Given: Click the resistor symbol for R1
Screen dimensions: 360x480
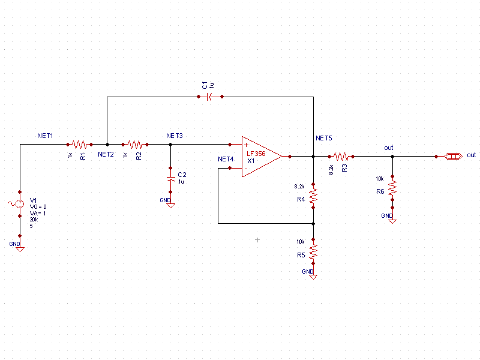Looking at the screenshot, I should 80,144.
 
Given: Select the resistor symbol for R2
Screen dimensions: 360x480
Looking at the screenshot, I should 136,144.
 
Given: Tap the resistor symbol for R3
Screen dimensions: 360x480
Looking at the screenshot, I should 341,156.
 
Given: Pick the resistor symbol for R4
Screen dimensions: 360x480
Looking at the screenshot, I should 313,194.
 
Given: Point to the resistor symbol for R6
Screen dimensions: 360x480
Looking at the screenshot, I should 392,188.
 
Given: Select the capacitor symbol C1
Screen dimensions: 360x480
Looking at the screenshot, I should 209,96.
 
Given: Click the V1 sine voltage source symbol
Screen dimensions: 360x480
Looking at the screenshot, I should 20,204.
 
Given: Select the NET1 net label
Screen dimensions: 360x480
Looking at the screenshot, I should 45,136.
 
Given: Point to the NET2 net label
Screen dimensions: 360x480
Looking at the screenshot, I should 106,155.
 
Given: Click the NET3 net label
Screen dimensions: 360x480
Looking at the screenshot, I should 175,136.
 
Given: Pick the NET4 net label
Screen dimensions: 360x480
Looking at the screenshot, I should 226,160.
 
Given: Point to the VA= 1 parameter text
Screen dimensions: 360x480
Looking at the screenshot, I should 38,213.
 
